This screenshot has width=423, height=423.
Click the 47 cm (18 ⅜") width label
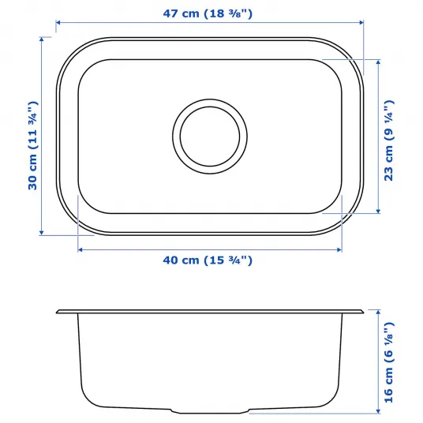208,13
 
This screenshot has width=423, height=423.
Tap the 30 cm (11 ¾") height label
33,145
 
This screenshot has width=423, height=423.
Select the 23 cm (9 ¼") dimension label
389,140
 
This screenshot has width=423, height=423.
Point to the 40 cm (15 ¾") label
208,260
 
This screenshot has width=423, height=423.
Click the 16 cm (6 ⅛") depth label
389,362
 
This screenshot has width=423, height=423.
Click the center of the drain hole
210,137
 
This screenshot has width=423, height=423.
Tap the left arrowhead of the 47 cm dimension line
58,23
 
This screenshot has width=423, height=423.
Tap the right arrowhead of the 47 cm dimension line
361,23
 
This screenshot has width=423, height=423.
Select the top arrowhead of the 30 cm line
41,39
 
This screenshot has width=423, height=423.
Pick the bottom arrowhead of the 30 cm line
41,233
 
